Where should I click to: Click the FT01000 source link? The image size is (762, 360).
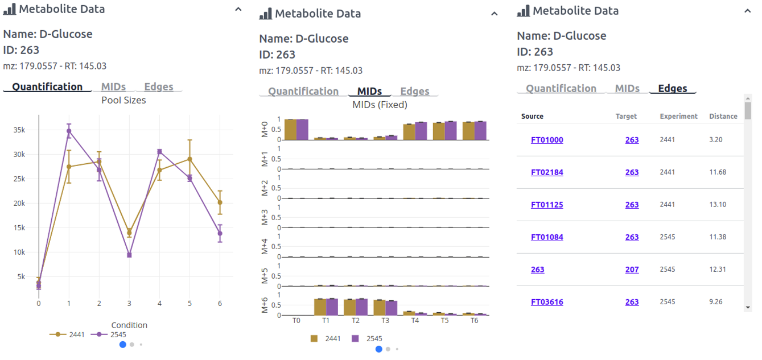[547, 140]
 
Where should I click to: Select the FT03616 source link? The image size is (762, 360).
[547, 302]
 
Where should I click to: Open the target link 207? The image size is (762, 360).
[632, 270]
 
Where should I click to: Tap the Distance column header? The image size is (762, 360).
[723, 116]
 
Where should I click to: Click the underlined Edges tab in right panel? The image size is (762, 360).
[672, 89]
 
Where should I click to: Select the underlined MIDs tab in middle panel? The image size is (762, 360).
[369, 92]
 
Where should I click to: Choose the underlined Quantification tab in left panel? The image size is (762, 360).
[47, 87]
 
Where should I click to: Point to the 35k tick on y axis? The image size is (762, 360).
[19, 130]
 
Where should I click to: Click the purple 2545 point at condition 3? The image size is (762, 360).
[129, 255]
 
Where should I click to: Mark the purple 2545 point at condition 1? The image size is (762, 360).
[69, 131]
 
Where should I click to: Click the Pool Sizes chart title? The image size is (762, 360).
[123, 101]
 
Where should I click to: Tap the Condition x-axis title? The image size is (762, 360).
[129, 325]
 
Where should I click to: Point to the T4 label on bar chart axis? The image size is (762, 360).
[415, 321]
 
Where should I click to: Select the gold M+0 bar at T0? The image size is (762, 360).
[290, 130]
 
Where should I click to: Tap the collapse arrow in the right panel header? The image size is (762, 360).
[747, 11]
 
